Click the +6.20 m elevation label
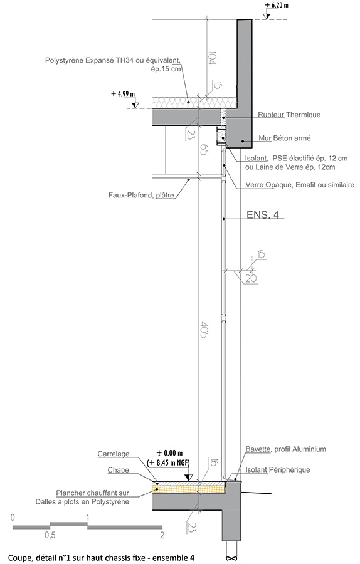click(277, 6)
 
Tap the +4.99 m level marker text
click(123, 94)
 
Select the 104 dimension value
click(211, 57)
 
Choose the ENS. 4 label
click(263, 215)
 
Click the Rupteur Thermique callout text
click(289, 115)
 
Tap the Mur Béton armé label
click(284, 138)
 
